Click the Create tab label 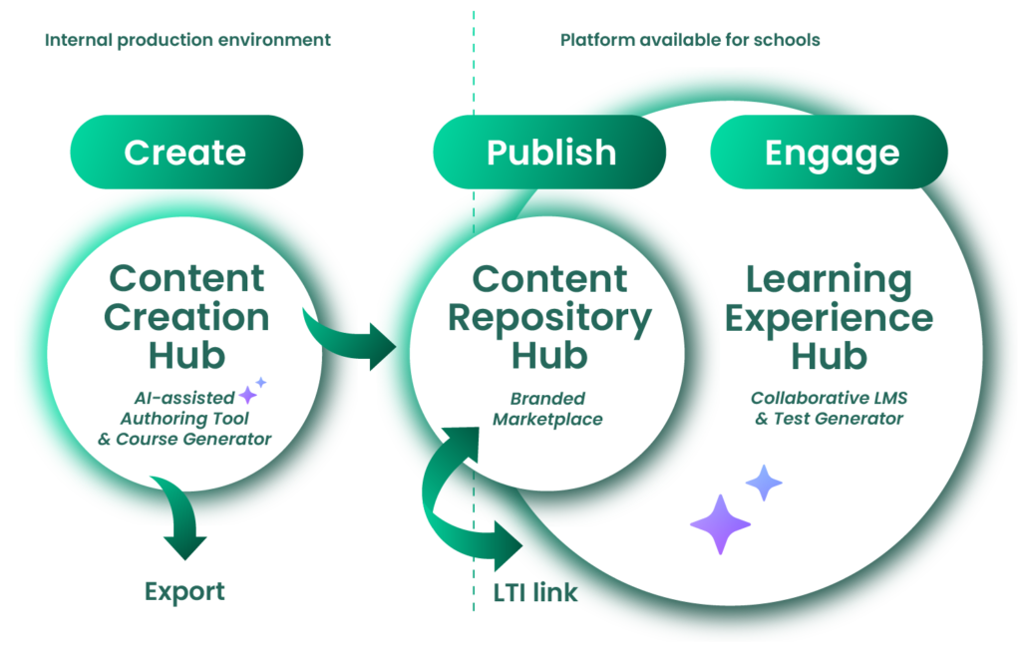click(184, 153)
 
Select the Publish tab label click(550, 153)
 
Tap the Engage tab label click(832, 153)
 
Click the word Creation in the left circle click(187, 317)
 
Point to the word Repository click(549, 317)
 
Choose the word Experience click(829, 317)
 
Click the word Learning click(829, 280)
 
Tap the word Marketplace click(547, 420)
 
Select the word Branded click(547, 398)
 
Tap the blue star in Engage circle click(764, 483)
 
